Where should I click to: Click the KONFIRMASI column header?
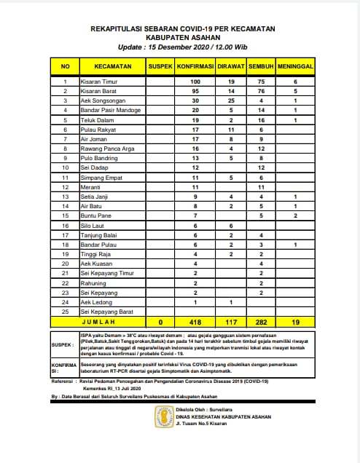point(195,66)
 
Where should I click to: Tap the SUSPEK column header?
point(160,66)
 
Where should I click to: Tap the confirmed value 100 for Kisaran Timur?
point(195,82)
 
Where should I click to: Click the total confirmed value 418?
point(195,320)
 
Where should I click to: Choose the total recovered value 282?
point(261,320)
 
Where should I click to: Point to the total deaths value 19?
point(295,320)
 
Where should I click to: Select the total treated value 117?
point(231,320)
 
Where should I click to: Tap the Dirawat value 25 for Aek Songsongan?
point(231,100)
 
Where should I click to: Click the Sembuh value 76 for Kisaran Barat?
point(261,91)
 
